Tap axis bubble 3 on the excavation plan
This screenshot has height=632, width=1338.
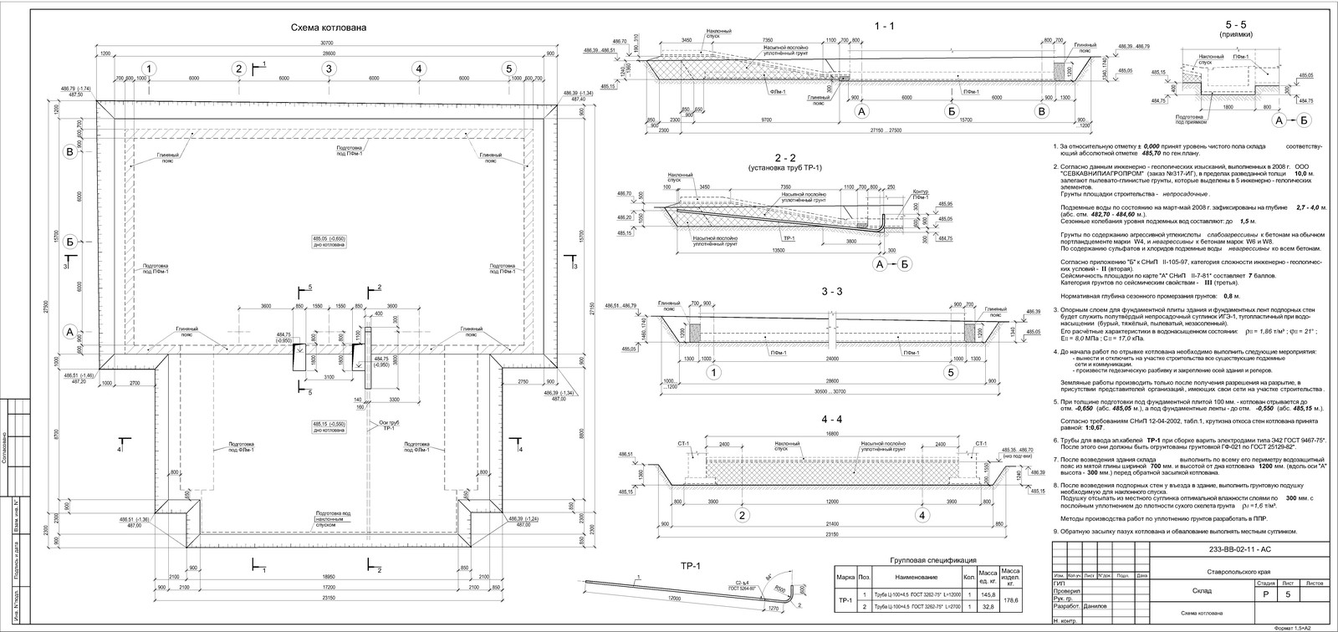[x=329, y=69]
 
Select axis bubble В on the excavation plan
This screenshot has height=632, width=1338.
[x=70, y=152]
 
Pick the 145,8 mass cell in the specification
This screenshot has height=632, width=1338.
[x=988, y=594]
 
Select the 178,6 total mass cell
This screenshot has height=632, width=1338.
[x=1011, y=599]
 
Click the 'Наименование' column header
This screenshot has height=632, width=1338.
[x=914, y=577]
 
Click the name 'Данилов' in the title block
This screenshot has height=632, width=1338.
[x=1094, y=606]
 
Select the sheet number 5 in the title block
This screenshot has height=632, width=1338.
[x=1289, y=593]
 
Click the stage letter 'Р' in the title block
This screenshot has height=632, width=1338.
[x=1264, y=593]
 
